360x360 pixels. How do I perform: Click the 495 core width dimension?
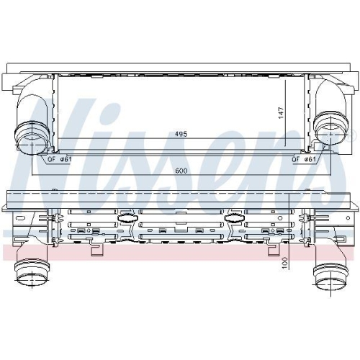tap(181, 134)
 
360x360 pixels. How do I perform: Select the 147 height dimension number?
tap(281, 112)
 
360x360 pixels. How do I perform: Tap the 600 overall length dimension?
tap(181, 171)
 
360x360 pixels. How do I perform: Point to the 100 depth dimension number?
tap(285, 263)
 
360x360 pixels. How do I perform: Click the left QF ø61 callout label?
tap(59, 159)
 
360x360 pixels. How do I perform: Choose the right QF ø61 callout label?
tap(304, 159)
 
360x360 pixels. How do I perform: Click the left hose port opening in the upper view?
tap(31, 143)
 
